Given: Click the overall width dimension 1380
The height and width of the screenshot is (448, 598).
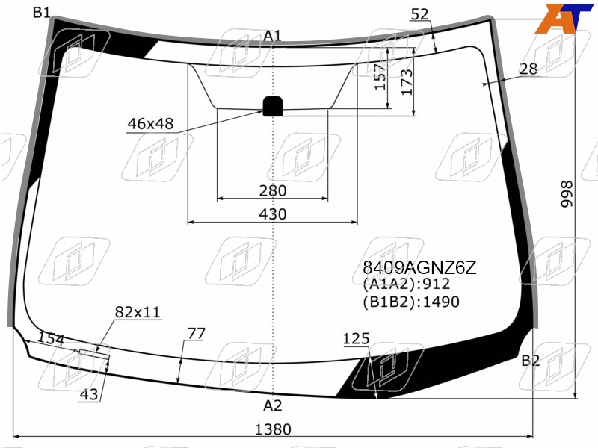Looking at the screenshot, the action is coord(273,429).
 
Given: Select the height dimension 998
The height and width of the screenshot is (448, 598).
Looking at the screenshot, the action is coord(567,194).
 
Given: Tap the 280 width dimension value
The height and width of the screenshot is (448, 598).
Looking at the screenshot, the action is coord(273,190).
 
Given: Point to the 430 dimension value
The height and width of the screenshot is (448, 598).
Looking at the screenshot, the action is coord(273,214).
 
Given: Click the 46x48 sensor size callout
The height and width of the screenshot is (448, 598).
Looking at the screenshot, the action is coord(150,124).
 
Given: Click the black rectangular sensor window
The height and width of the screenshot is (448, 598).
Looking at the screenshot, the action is coord(273,106).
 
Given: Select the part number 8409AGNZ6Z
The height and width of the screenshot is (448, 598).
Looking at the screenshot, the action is coord(419,268).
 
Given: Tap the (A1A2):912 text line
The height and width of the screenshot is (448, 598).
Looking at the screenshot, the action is coord(407,284).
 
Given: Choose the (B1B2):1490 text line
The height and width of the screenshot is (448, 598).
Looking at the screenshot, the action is coord(411,302).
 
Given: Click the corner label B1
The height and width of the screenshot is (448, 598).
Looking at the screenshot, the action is coord(42,13).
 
